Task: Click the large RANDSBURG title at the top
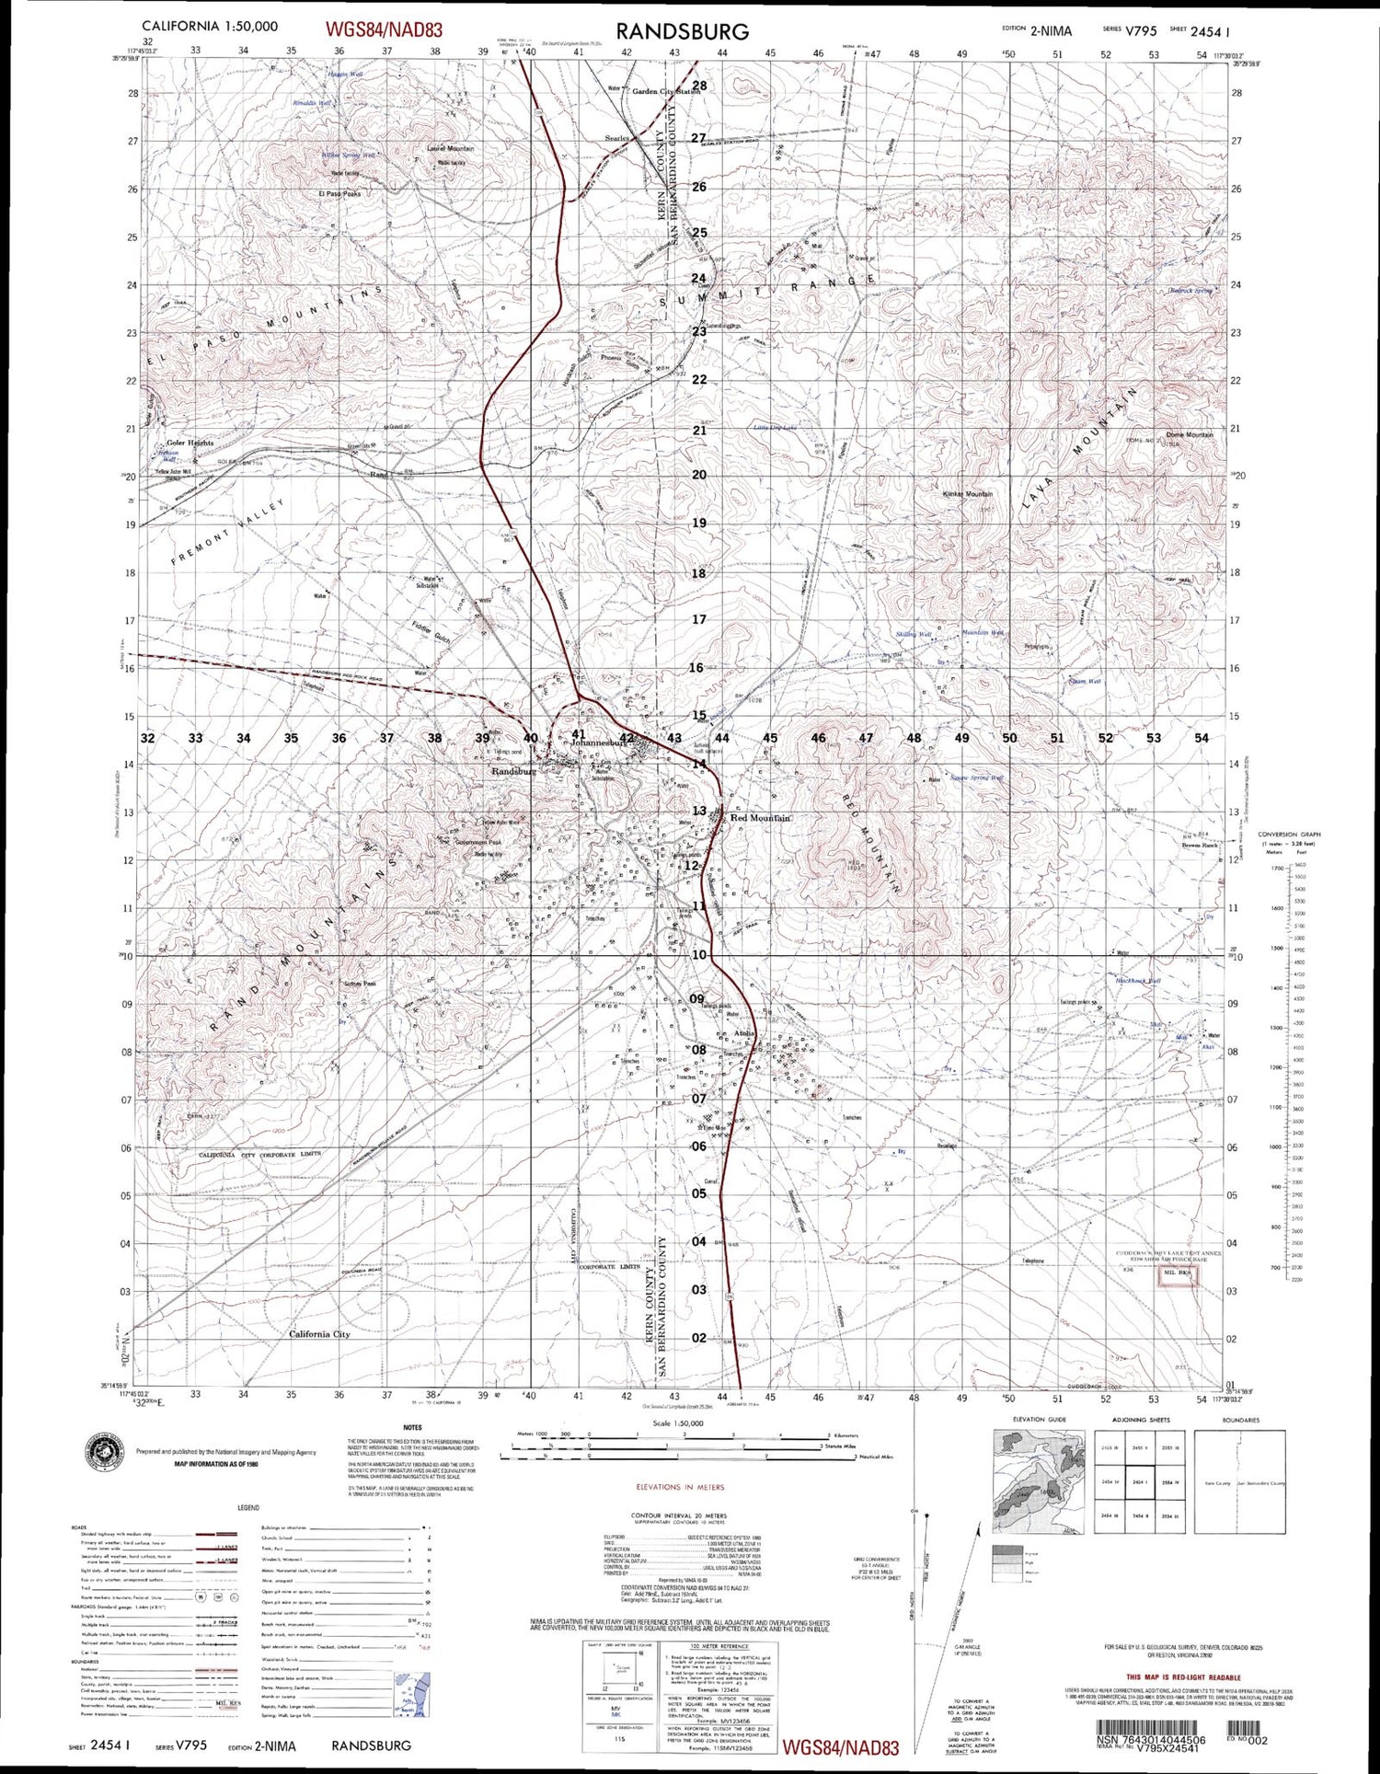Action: coord(682,30)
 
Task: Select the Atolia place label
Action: coord(744,1033)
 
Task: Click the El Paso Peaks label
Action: coord(339,194)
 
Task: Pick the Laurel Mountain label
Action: coord(451,148)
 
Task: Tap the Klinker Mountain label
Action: coord(968,494)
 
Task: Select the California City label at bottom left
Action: coord(319,1334)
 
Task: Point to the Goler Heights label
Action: coord(190,443)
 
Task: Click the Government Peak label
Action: coord(477,842)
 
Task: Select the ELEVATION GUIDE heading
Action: coord(1040,1420)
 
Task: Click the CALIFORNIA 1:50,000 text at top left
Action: coord(210,27)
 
